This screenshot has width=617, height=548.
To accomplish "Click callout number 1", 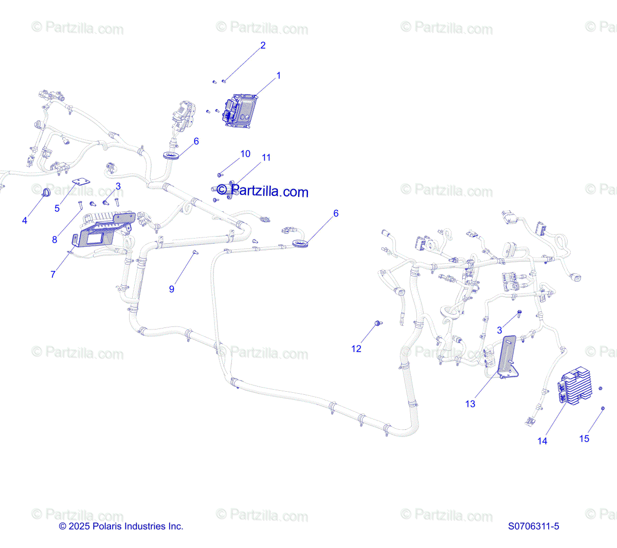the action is coord(279,76).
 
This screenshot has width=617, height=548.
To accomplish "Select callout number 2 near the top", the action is coord(263,46).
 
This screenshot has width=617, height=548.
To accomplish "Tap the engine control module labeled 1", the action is coord(240,110).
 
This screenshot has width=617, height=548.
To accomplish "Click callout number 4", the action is coord(25,221).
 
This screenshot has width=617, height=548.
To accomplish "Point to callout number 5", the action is coord(57,208).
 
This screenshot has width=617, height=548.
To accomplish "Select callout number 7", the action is coord(53,275).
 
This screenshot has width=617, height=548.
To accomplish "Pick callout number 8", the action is coord(55,240).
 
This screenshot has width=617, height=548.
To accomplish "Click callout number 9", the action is coord(172,289).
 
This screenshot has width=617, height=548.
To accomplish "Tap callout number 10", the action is coord(245,154).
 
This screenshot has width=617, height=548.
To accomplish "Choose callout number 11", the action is coord(266,158).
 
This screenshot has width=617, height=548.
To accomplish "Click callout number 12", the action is coord(356,349).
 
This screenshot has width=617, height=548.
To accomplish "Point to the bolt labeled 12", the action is coord(378,323).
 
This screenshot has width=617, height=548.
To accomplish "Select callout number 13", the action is coord(470,404).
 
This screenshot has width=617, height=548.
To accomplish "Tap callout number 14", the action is coord(542,441).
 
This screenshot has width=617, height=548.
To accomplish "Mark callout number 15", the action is coord(584,439).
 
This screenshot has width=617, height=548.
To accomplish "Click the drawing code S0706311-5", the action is coord(533,526).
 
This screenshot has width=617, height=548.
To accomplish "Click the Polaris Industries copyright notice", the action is coord(121,526).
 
